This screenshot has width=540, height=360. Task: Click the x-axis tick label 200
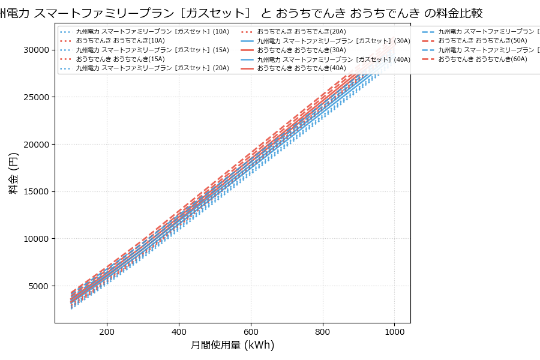107,331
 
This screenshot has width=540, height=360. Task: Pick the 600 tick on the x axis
251,331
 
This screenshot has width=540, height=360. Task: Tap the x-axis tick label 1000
394,331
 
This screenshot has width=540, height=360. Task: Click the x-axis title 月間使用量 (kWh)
233,346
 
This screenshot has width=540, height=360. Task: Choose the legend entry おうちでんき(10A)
120,41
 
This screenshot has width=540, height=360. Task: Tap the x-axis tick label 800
323,331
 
